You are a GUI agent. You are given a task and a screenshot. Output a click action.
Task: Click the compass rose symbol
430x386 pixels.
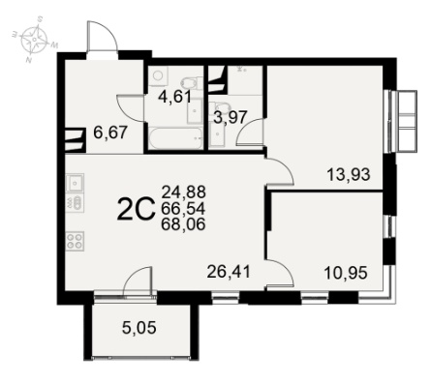[x=35, y=39]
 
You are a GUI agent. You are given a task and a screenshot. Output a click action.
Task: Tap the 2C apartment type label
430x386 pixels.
[x=135, y=209]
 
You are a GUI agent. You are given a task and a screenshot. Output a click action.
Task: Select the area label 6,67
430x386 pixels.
[x=109, y=133]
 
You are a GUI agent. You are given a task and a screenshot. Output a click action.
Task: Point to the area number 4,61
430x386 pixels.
[x=175, y=97]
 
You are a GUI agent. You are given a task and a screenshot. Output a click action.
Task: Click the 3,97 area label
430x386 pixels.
[x=230, y=117]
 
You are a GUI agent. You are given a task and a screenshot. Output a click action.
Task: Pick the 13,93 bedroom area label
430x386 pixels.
[x=349, y=175]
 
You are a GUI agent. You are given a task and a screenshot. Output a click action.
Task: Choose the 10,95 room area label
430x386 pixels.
[x=346, y=273]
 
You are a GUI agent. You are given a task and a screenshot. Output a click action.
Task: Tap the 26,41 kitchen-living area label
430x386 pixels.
[x=229, y=272]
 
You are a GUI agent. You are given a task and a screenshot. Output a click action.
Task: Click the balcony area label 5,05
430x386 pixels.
[x=139, y=328]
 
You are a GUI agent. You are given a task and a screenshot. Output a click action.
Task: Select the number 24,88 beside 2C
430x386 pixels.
[x=183, y=193]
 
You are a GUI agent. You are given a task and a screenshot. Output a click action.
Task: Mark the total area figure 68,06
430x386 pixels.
[x=183, y=224]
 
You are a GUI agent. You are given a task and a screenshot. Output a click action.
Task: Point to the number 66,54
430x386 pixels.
[x=183, y=208]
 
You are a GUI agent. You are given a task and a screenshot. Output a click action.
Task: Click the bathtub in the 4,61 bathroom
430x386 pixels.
[x=175, y=138]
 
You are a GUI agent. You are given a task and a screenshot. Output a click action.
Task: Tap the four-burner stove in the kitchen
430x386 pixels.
[x=75, y=241]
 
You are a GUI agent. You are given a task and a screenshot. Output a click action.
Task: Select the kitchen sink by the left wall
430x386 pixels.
[x=75, y=183]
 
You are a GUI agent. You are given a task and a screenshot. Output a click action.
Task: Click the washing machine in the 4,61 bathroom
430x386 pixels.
[x=158, y=76]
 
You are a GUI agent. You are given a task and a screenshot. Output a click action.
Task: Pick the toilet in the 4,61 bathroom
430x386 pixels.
[x=192, y=83]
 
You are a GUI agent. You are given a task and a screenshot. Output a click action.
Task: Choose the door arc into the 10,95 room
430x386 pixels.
[x=280, y=273]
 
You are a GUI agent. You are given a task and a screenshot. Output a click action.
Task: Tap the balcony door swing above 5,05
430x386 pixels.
[x=138, y=281]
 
